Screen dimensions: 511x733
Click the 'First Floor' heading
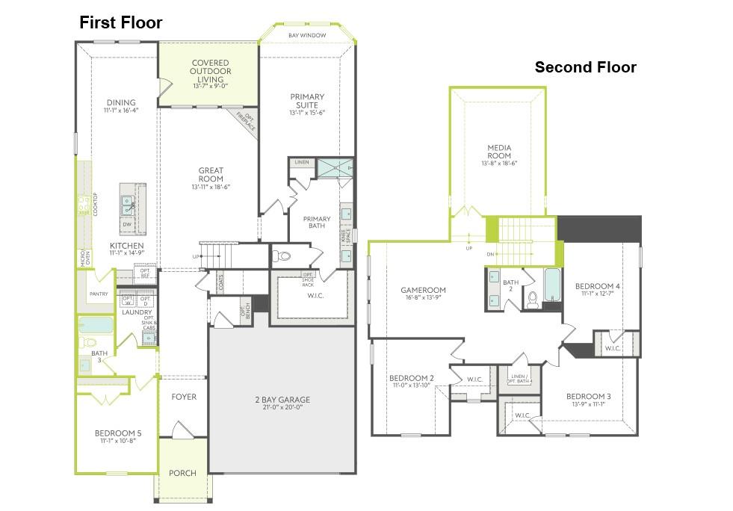point(120,23)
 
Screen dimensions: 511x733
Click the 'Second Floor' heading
point(585,68)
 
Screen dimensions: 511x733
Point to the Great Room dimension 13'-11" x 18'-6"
point(211,187)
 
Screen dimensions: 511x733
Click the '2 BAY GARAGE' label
point(282,400)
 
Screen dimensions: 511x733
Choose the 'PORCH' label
point(182,473)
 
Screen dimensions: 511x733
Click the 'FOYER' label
point(183,397)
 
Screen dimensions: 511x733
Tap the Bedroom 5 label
point(118,433)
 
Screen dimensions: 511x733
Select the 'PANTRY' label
point(98,294)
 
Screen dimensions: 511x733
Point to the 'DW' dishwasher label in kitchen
point(127,223)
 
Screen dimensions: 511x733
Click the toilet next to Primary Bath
point(282,256)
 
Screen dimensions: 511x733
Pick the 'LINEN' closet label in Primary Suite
point(301,162)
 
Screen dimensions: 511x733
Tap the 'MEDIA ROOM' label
point(498,149)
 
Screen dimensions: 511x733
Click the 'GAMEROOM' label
point(423,290)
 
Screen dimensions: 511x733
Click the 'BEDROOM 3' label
point(588,396)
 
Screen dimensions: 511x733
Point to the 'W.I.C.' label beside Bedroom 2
point(474,379)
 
